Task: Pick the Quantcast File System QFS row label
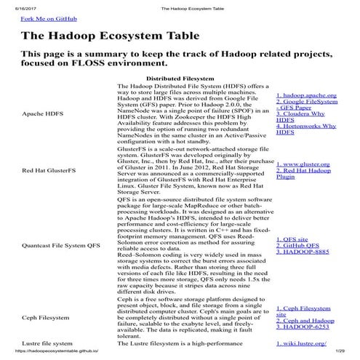[x=61, y=246]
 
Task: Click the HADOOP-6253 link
[x=305, y=325]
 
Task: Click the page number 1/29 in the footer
[x=348, y=354]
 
